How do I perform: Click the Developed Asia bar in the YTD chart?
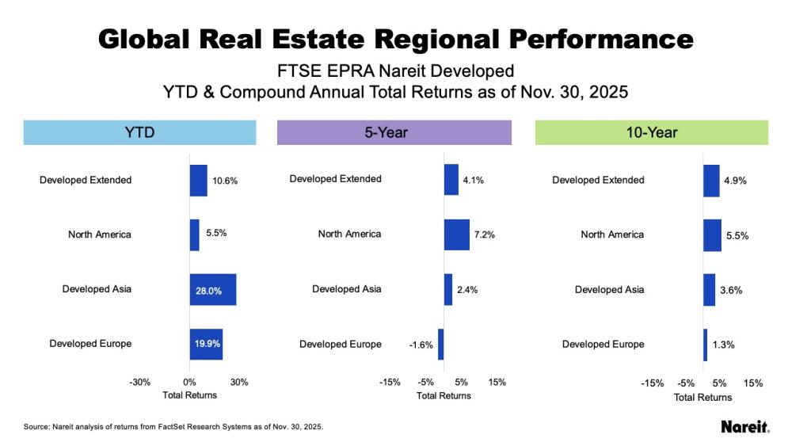point(212,290)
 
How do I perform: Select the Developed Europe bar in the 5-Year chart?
point(440,345)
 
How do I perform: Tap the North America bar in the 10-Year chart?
point(712,235)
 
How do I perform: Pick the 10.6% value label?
point(225,181)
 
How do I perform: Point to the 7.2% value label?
point(485,235)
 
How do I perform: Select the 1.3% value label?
point(724,345)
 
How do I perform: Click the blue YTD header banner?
point(139,132)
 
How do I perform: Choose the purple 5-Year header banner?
point(394,132)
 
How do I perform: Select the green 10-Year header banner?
point(652,132)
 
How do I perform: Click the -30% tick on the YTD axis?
point(139,382)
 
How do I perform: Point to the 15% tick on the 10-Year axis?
point(754,383)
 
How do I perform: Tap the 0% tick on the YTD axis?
point(189,382)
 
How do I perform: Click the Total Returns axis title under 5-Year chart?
point(444,395)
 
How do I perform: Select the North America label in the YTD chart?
point(100,234)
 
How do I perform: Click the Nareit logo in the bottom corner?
point(744,427)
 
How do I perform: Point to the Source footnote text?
point(173,427)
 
